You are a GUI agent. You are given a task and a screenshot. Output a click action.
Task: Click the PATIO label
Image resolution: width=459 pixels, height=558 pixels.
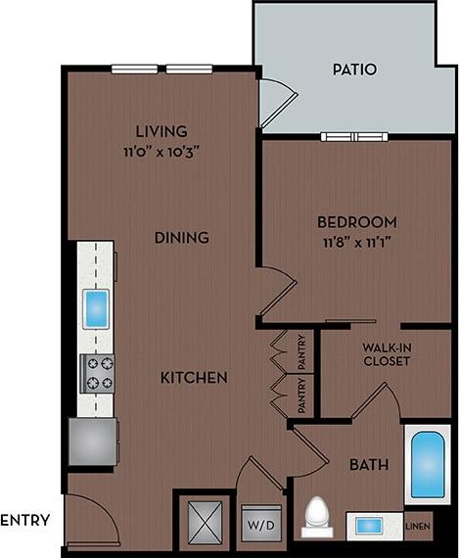(353, 70)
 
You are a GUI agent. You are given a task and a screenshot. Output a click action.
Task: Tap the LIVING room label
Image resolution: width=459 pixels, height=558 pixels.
(162, 131)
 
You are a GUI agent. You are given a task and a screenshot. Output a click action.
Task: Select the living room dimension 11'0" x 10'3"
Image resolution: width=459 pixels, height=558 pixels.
(162, 152)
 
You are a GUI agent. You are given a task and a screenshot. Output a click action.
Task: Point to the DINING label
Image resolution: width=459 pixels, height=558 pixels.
(181, 237)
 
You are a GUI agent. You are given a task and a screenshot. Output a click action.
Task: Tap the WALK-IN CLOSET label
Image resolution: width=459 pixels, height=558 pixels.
(386, 353)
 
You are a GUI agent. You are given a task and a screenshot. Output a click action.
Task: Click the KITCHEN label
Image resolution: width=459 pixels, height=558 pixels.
(195, 377)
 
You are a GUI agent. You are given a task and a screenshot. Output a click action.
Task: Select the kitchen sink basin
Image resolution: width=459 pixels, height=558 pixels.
(97, 309)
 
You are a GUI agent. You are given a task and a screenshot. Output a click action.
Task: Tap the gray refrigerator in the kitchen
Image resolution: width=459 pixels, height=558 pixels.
(93, 440)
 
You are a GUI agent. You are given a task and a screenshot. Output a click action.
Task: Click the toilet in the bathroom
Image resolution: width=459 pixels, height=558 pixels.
(317, 517)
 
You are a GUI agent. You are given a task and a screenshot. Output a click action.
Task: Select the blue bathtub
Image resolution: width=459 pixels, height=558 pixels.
(427, 465)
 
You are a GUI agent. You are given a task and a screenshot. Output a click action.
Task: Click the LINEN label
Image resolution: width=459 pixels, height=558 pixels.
(417, 527)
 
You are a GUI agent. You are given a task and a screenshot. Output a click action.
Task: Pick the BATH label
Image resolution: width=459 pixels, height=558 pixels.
(369, 464)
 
